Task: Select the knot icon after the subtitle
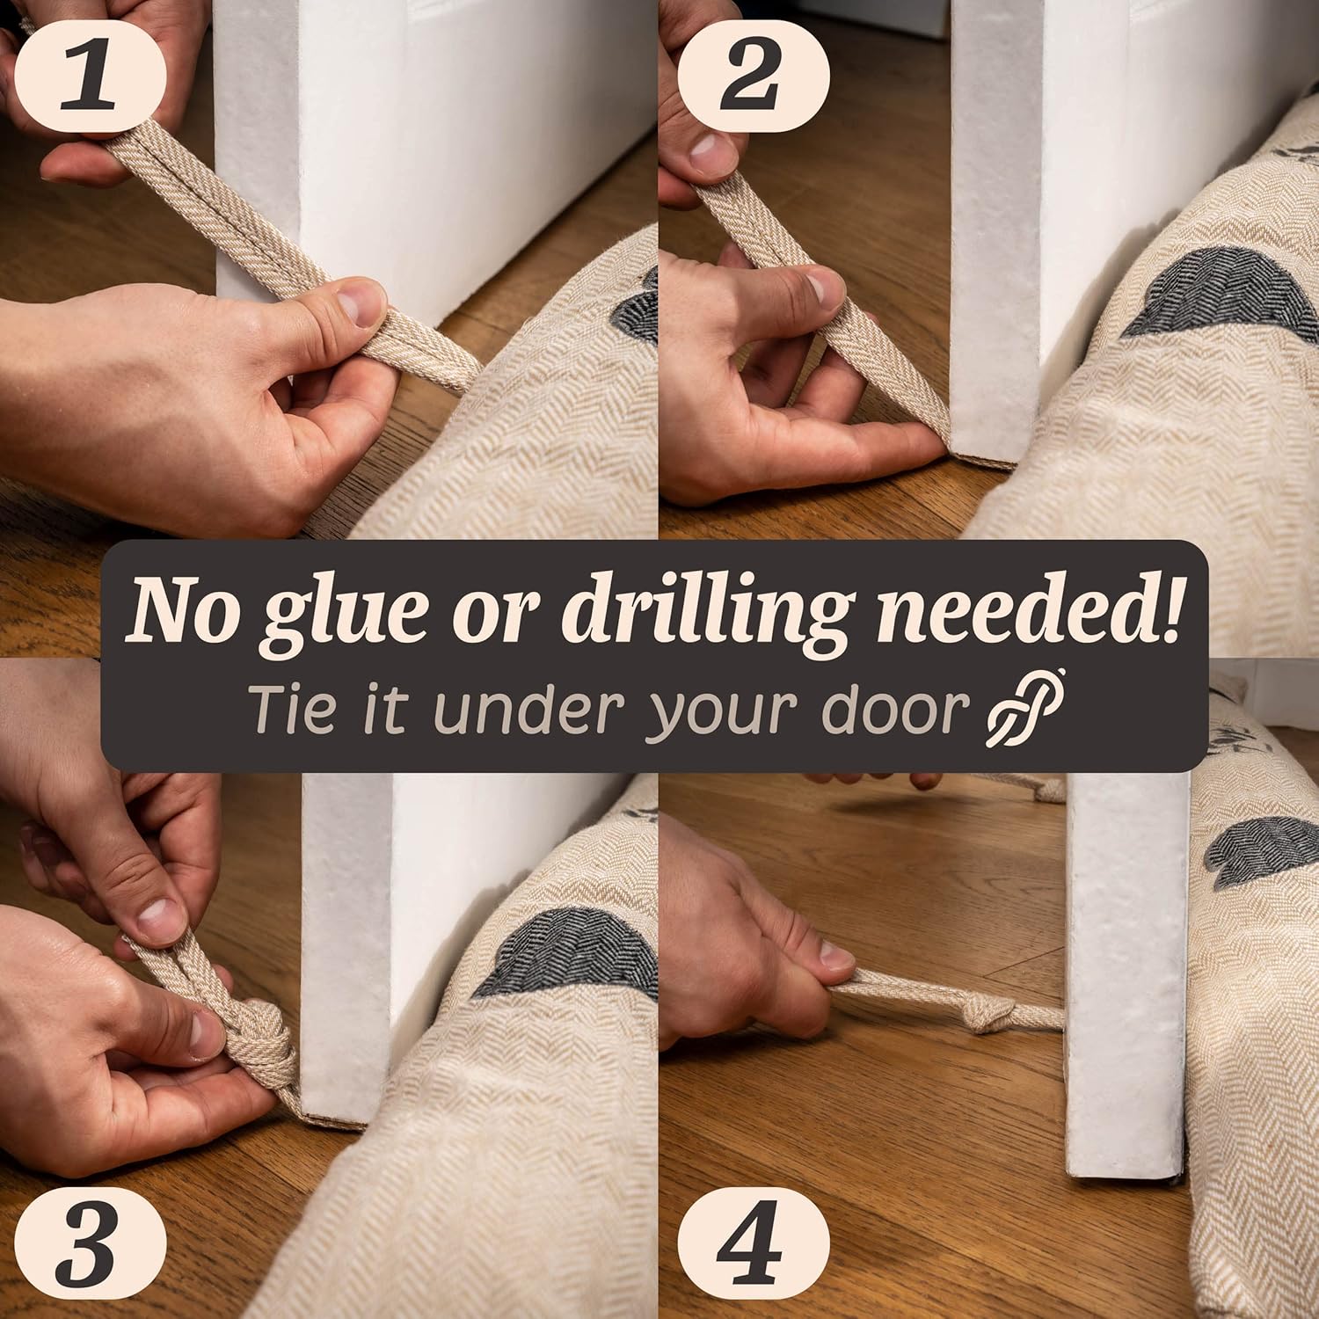pyautogui.click(x=1025, y=708)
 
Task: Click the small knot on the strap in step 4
pyautogui.click(x=987, y=1017)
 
